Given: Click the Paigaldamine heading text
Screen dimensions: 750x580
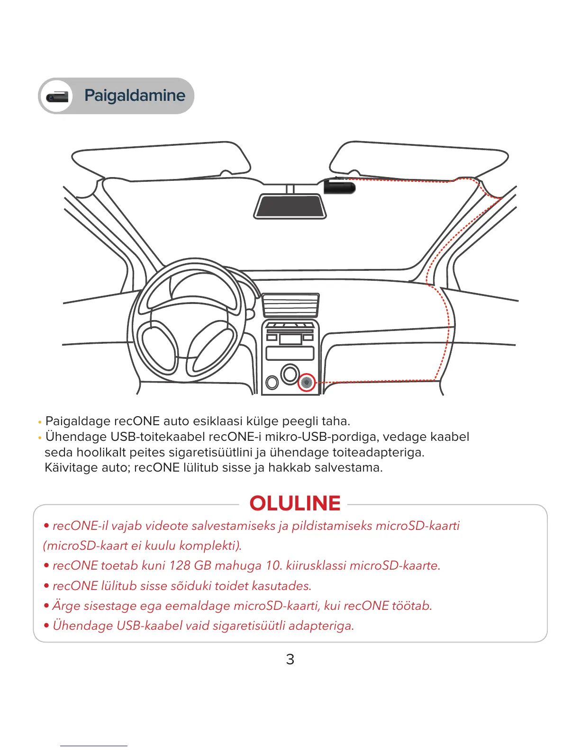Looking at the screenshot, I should click(135, 96).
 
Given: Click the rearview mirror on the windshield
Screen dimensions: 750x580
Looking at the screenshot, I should click(290, 206).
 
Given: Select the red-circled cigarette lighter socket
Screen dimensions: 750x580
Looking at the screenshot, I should click(307, 382).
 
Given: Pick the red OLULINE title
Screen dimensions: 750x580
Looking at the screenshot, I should click(295, 503).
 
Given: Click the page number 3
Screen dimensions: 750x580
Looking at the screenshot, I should click(290, 659).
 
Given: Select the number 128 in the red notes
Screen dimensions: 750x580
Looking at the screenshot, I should click(179, 565).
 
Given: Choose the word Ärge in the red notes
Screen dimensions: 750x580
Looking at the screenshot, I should click(66, 606).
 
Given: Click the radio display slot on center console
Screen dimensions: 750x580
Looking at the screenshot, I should click(290, 353).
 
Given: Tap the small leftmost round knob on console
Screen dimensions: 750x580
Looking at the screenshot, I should click(272, 382).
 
